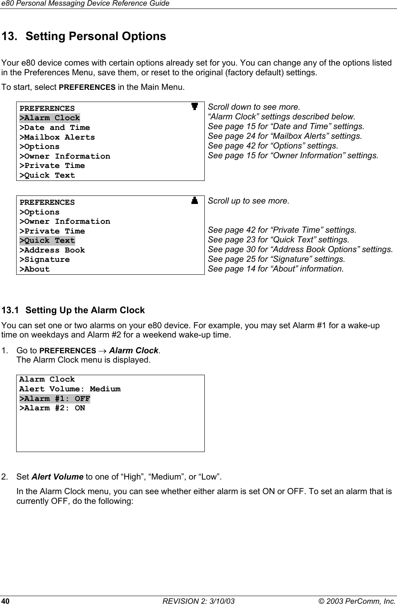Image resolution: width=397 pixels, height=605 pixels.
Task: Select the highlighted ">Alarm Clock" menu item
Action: tap(50, 118)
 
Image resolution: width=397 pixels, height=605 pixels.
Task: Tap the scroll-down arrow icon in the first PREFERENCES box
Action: tap(195, 107)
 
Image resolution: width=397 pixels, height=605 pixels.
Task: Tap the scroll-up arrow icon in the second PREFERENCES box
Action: tap(195, 200)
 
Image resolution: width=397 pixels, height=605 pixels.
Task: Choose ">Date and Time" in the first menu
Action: tap(55, 128)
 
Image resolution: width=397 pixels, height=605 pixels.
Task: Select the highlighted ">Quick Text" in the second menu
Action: tap(47, 241)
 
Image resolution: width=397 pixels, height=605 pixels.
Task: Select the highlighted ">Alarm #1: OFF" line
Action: tap(55, 399)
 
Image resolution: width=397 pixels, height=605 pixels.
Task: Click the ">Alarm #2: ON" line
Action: tap(52, 408)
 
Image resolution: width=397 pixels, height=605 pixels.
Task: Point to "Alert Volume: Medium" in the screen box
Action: tap(70, 389)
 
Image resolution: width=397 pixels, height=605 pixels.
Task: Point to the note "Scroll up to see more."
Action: tap(248, 201)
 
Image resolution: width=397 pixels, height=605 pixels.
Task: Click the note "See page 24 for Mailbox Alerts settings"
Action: tap(285, 136)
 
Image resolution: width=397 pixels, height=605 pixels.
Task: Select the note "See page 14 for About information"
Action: tap(276, 269)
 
